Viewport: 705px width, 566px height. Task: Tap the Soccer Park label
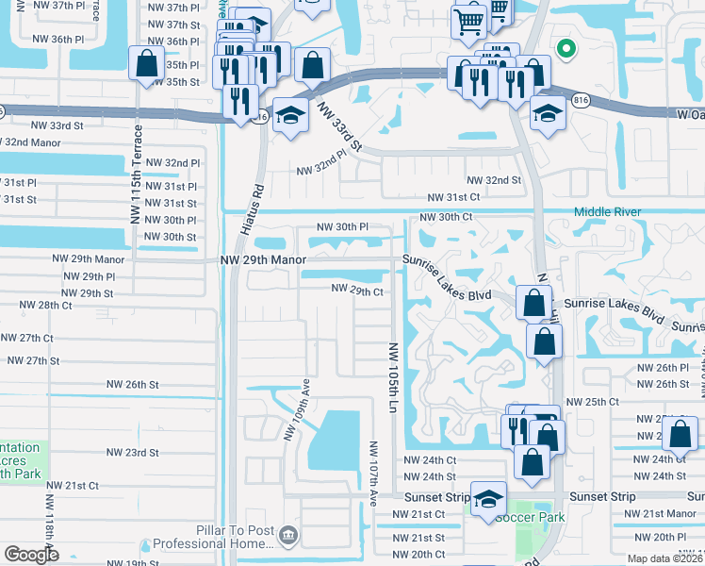tap(529, 517)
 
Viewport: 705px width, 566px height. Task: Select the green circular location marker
tap(566, 49)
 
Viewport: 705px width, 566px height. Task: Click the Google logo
tap(31, 555)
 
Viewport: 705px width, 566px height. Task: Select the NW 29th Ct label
tap(356, 291)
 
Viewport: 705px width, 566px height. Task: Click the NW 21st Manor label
tap(663, 513)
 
